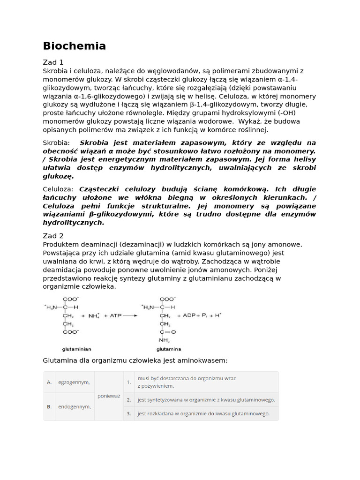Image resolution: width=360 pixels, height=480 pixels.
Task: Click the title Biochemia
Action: click(x=74, y=46)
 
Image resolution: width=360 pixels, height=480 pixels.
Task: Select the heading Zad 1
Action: click(x=53, y=62)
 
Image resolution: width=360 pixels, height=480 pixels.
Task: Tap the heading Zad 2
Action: click(x=53, y=236)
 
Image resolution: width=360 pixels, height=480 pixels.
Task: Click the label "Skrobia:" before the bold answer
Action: click(x=56, y=142)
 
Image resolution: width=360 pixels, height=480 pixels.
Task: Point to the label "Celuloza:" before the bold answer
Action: click(x=58, y=189)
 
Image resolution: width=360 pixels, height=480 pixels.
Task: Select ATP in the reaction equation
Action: click(x=115, y=316)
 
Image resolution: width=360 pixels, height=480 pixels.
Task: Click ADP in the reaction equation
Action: click(x=189, y=315)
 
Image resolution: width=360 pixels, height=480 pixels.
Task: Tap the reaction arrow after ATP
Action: click(x=131, y=316)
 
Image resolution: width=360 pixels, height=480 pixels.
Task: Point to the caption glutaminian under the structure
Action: click(x=76, y=349)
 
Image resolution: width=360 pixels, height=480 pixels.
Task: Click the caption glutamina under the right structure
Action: click(x=168, y=349)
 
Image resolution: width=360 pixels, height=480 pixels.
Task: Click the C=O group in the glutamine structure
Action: click(x=167, y=332)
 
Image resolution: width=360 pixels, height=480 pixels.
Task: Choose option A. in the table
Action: click(x=49, y=382)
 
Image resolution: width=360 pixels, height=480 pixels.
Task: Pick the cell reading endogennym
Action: click(x=74, y=406)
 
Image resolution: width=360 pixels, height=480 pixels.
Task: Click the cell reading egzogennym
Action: click(x=74, y=382)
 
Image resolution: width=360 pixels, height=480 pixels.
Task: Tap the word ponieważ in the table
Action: click(x=109, y=396)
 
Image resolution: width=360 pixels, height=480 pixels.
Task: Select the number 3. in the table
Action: click(x=128, y=413)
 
